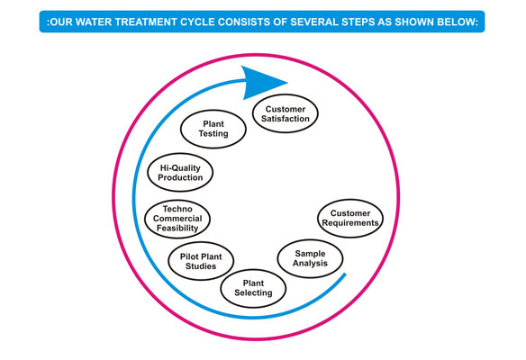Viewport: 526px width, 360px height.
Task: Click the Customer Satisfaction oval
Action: tap(286, 113)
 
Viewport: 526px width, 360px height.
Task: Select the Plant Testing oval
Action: tap(213, 129)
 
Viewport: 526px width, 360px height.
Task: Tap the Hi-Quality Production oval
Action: tap(180, 173)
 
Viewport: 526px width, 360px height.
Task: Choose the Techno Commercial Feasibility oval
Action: tap(177, 219)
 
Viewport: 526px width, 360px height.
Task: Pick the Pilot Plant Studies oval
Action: tap(201, 261)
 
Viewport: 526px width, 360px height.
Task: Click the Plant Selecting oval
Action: tap(253, 288)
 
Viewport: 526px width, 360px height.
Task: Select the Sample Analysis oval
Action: tap(311, 258)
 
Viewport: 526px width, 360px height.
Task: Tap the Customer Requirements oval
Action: tap(350, 218)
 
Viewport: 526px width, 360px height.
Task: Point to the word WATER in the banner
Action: tap(89, 22)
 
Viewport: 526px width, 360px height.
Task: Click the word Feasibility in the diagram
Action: tap(177, 229)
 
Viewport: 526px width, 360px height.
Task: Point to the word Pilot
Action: tap(189, 256)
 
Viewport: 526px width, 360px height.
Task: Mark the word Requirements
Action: tap(350, 223)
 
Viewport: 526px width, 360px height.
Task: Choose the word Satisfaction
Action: tap(286, 119)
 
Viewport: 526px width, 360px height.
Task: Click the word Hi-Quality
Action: tap(180, 168)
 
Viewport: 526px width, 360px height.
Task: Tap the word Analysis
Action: tap(310, 263)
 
